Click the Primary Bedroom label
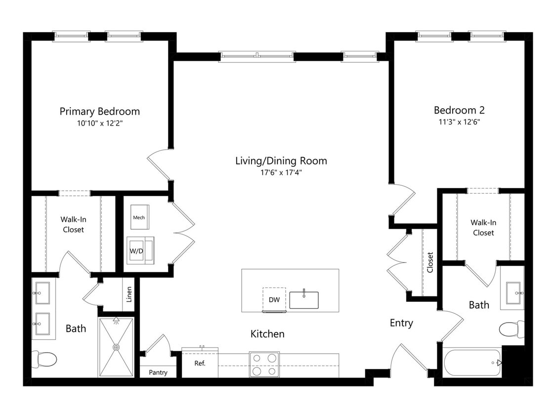(x=100, y=111)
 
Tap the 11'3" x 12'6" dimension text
(x=459, y=122)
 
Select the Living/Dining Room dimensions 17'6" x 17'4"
(x=281, y=173)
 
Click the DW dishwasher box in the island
(x=274, y=299)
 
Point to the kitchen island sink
(x=304, y=299)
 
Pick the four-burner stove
(x=264, y=364)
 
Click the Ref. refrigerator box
(x=200, y=364)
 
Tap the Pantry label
(x=158, y=373)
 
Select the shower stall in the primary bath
(x=116, y=347)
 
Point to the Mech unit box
(x=139, y=217)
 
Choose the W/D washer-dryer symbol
(x=140, y=250)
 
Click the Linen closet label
(x=129, y=294)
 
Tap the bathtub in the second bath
(x=472, y=363)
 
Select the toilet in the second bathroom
(x=512, y=330)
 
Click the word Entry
(x=401, y=323)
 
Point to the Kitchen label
(x=267, y=334)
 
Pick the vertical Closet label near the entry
(x=430, y=262)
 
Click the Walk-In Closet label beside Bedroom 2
(x=483, y=228)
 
